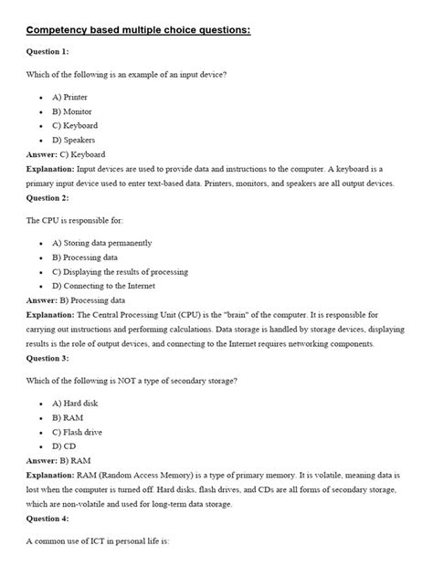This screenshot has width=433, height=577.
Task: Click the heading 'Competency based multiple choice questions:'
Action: (137, 30)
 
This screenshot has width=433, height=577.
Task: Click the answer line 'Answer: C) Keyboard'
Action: (66, 154)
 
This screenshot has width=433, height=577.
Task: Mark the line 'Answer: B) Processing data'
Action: (76, 300)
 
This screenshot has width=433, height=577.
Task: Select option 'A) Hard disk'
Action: (76, 403)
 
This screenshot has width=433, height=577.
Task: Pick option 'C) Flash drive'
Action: (77, 432)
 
